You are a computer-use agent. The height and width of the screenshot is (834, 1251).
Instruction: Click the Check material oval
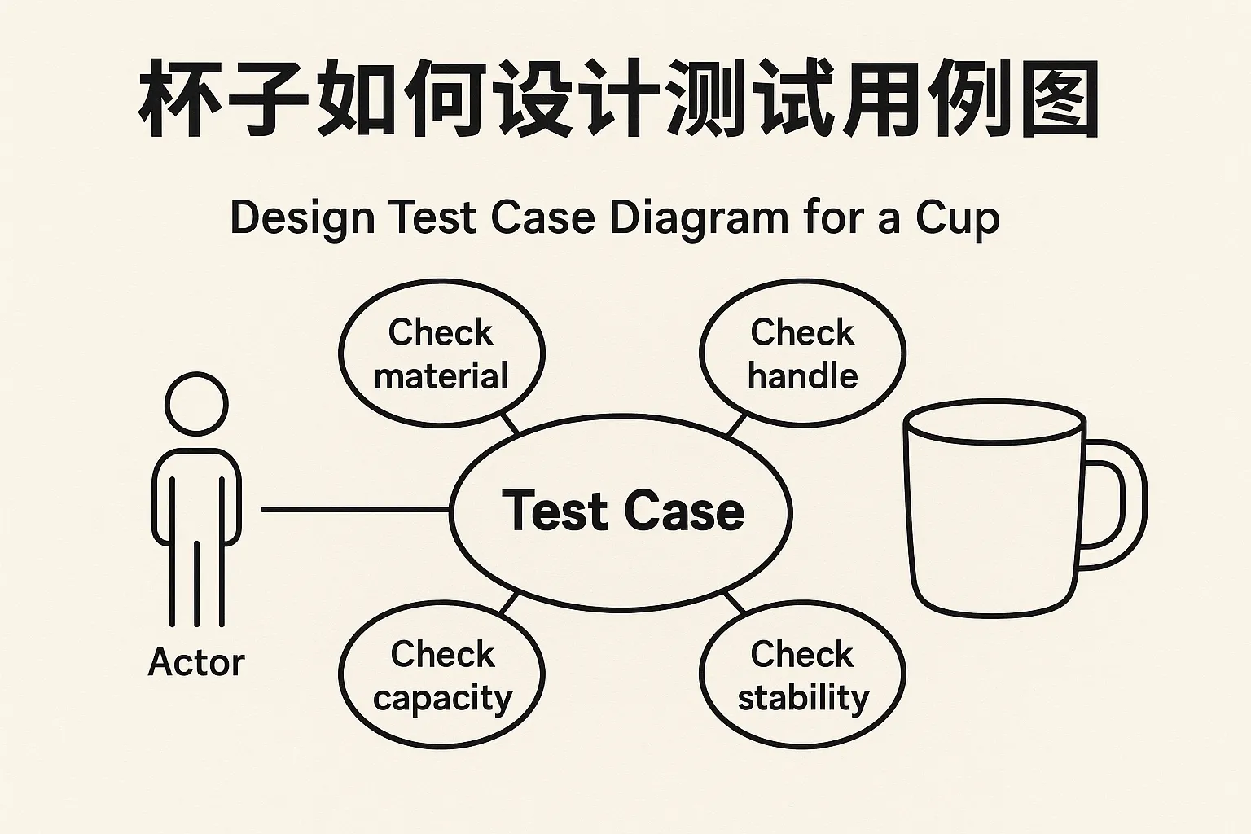pyautogui.click(x=441, y=353)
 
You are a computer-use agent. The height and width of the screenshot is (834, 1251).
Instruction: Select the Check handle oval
pyautogui.click(x=802, y=353)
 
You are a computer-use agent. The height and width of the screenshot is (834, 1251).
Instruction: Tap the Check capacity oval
pyautogui.click(x=441, y=676)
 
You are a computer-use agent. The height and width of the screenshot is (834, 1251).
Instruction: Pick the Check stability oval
pyautogui.click(x=802, y=676)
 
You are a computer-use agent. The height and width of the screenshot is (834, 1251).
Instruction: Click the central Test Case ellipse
pyautogui.click(x=621, y=511)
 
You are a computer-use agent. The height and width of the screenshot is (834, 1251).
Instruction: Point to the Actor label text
pyautogui.click(x=196, y=662)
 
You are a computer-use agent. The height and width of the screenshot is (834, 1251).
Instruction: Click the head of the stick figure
pyautogui.click(x=196, y=405)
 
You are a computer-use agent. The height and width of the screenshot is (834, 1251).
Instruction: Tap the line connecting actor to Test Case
pyautogui.click(x=354, y=511)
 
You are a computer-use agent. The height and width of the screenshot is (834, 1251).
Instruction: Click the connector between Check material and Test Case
pyautogui.click(x=509, y=423)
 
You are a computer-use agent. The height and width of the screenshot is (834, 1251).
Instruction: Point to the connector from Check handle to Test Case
pyautogui.click(x=735, y=424)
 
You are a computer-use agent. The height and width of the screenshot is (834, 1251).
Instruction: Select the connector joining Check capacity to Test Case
pyautogui.click(x=508, y=604)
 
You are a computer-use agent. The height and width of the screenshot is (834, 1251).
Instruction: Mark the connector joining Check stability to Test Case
pyautogui.click(x=735, y=603)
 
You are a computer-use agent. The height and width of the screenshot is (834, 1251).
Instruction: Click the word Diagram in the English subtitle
pyautogui.click(x=698, y=218)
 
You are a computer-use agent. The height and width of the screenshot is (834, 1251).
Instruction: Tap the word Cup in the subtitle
pyautogui.click(x=957, y=218)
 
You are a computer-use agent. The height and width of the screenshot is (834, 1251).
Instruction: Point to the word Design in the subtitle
pyautogui.click(x=302, y=218)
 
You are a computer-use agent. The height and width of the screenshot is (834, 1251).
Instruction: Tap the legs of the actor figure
pyautogui.click(x=196, y=582)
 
